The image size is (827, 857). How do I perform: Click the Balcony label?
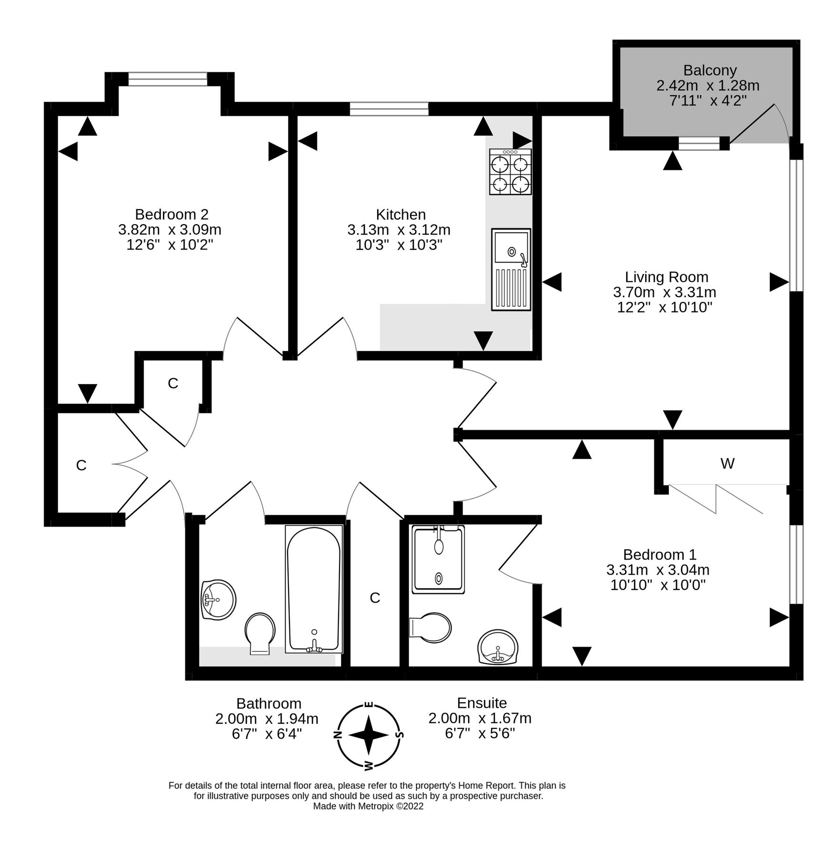(x=709, y=70)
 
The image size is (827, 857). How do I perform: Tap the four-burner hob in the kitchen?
(x=510, y=172)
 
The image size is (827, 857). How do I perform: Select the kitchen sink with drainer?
(x=511, y=269)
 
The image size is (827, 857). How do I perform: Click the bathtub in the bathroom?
(x=314, y=589)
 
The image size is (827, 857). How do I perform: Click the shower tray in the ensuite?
(x=438, y=559)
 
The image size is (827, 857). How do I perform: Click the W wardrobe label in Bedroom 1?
(x=727, y=463)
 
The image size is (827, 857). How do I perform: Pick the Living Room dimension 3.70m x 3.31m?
(x=664, y=292)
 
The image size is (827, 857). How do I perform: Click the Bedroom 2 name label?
(x=171, y=214)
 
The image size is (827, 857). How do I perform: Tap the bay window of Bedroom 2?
(x=168, y=79)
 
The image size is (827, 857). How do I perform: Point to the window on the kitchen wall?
(x=389, y=110)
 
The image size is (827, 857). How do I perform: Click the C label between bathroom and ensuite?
(x=375, y=598)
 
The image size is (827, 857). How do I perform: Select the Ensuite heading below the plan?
(x=481, y=703)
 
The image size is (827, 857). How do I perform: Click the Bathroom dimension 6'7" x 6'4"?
(x=267, y=734)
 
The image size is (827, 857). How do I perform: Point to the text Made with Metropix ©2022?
(x=368, y=807)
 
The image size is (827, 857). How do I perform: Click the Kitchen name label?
(x=400, y=214)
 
